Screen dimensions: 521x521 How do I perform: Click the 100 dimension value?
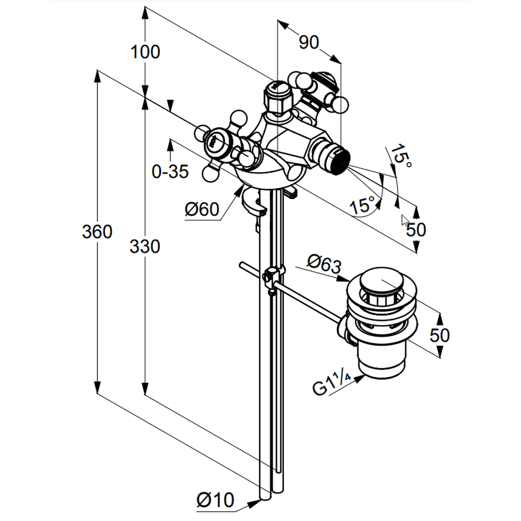coord(145,52)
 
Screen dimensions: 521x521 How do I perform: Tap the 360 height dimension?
coord(97,231)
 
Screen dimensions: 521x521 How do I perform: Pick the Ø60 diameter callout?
coord(201,209)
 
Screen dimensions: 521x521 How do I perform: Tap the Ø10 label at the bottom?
coord(215,501)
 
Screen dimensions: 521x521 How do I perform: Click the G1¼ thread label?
coord(331,388)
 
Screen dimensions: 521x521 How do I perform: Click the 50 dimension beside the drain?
coord(440,334)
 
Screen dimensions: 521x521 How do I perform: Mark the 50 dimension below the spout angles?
coord(416,229)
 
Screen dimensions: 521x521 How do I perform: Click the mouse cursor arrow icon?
coord(405,220)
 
